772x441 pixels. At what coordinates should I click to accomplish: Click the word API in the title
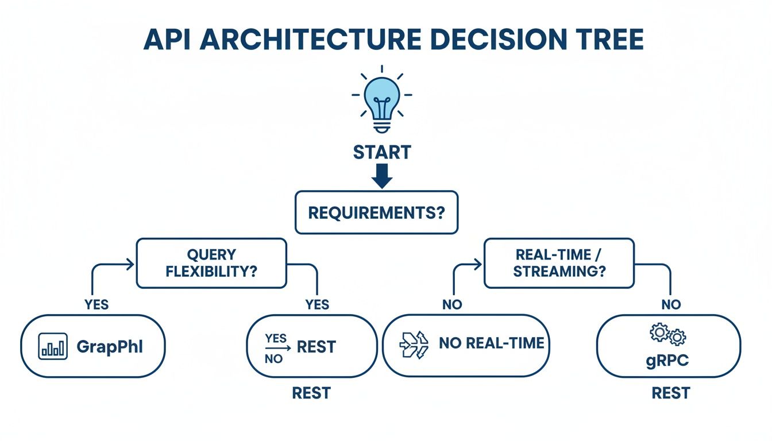click(171, 39)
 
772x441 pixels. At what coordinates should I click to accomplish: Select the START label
click(381, 153)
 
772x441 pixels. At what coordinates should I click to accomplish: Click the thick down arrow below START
click(381, 177)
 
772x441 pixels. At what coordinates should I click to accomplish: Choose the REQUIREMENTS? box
click(377, 213)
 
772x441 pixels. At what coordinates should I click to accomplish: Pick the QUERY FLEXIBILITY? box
click(211, 263)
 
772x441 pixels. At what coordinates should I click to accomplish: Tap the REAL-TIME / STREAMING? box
click(559, 263)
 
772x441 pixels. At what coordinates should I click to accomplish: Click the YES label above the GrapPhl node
click(96, 304)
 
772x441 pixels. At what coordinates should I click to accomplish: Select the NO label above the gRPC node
click(671, 304)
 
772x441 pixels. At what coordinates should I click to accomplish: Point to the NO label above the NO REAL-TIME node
click(452, 304)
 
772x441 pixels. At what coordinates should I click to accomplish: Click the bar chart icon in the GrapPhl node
click(53, 346)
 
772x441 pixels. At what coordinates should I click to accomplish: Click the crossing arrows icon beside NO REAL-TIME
click(413, 345)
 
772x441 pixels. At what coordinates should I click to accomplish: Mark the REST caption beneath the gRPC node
click(670, 393)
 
